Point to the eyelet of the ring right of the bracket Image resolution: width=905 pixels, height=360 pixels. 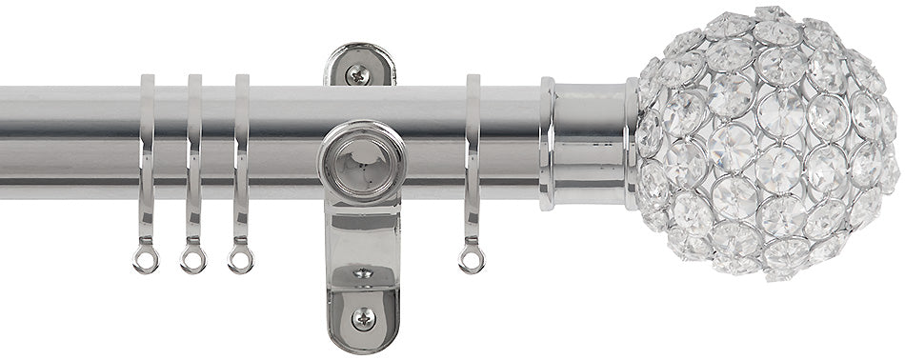(x=471, y=259)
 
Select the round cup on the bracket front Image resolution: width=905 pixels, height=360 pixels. (x=361, y=162)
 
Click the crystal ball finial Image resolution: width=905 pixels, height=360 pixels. (x=767, y=143)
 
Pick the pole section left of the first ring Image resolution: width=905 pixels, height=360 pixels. (x=67, y=143)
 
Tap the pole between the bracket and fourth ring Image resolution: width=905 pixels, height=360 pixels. (x=433, y=143)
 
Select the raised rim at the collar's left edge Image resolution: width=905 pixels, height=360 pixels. (x=548, y=143)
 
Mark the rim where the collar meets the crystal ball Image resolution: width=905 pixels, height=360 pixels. (x=632, y=143)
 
